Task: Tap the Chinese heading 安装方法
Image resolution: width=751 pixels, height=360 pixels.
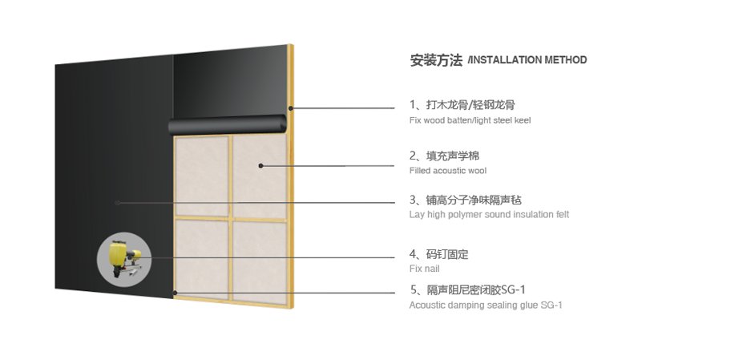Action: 436,60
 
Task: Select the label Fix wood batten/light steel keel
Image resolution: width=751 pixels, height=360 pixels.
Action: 470,120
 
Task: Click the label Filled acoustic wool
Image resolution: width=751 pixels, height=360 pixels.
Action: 448,171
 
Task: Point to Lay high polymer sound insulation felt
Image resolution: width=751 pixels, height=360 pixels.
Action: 489,214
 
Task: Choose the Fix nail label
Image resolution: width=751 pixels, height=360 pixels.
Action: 424,269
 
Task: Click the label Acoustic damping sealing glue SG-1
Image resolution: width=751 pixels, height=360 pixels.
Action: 486,305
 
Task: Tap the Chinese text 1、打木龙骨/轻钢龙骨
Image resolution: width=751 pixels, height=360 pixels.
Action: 462,105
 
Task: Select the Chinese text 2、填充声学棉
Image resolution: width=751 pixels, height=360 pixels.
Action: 444,156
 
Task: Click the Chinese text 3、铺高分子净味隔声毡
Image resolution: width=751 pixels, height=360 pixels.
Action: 465,200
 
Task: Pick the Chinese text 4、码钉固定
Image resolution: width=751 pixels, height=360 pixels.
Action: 438,254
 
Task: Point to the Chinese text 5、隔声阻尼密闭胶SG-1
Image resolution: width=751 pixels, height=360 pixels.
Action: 467,289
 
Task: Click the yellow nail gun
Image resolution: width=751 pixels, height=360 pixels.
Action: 124,259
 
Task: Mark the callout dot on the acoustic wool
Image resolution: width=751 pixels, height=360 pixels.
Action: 260,166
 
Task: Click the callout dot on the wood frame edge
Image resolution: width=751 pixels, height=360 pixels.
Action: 291,108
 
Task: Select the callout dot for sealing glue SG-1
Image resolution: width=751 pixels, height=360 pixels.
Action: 176,293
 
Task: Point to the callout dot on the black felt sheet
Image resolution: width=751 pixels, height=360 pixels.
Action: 118,203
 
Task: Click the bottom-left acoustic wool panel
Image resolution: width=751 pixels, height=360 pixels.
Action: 202,259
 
